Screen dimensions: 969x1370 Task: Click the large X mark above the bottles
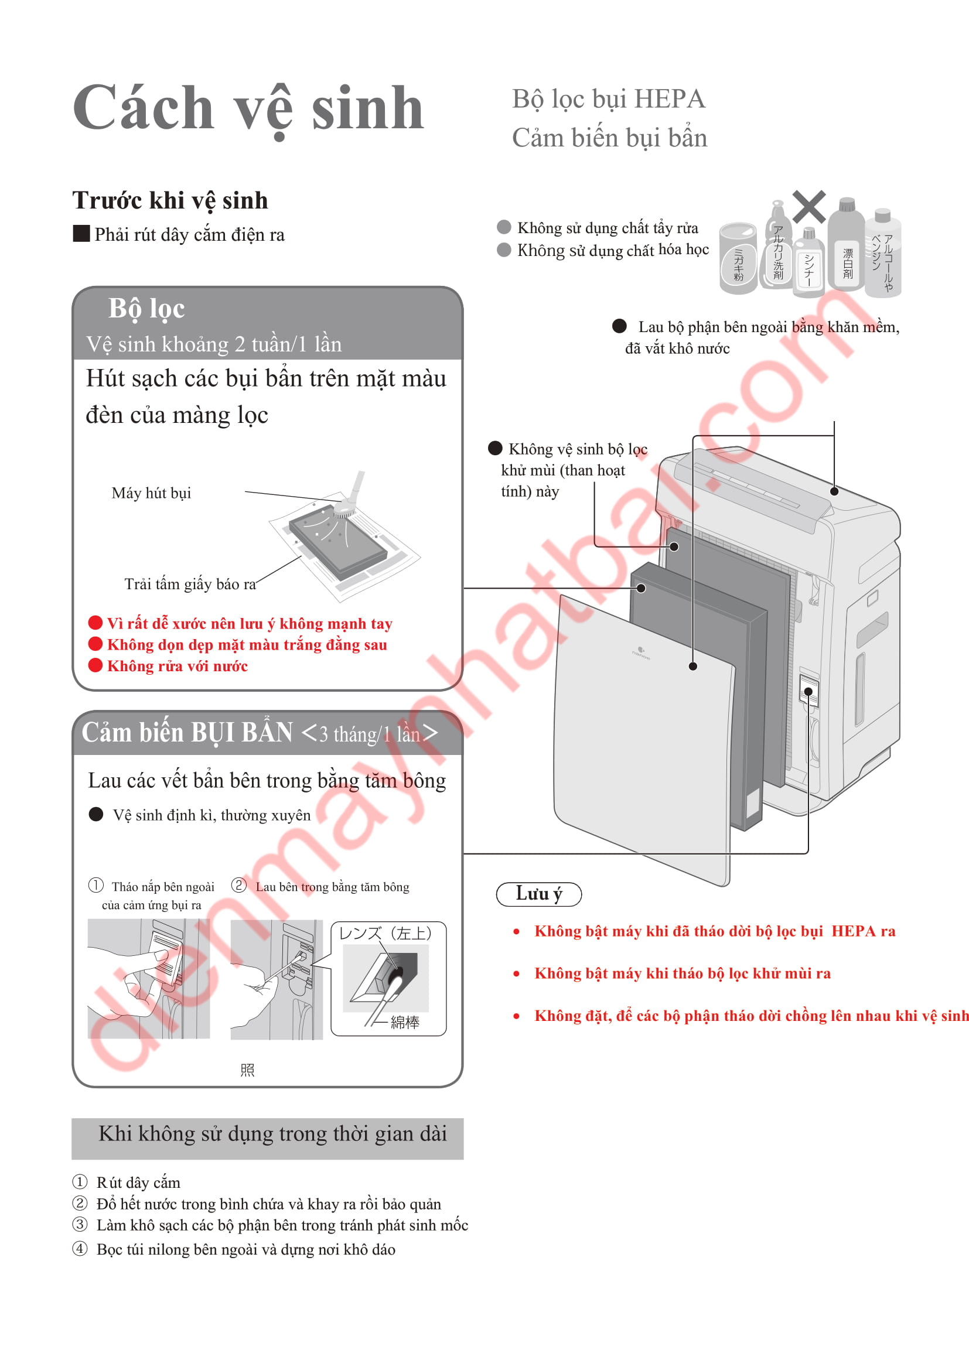[809, 206]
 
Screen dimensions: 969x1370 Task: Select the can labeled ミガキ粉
[739, 258]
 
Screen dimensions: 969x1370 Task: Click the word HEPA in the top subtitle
[670, 99]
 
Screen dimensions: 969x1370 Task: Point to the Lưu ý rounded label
[539, 894]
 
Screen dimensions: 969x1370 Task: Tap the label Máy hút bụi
[152, 493]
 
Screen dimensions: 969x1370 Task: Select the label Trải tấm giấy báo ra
[190, 584]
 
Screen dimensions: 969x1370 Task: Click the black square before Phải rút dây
[81, 233]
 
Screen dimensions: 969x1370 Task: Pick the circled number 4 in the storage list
[80, 1249]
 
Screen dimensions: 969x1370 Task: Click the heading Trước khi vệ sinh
[170, 200]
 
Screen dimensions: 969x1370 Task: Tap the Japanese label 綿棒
[405, 1022]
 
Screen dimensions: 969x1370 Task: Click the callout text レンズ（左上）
[385, 933]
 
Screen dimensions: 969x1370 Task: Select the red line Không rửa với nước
[177, 666]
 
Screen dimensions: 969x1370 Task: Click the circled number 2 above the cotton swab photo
[238, 885]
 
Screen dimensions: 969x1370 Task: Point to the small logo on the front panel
[641, 652]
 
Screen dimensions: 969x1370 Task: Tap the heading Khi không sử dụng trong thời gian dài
[272, 1134]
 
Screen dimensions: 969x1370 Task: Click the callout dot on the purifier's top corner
[834, 491]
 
